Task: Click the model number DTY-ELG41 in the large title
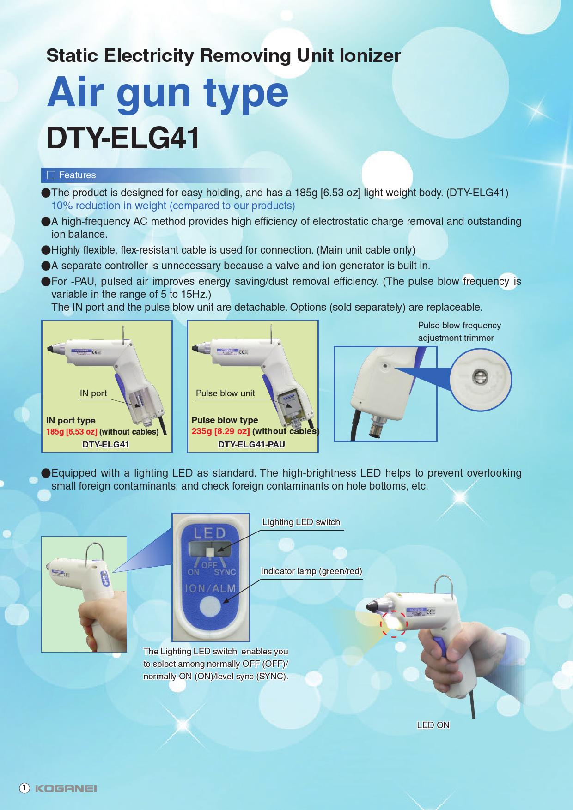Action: point(123,138)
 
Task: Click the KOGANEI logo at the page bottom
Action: point(66,788)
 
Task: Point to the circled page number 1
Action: point(24,788)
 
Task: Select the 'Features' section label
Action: point(77,175)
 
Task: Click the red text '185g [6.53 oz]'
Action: point(72,432)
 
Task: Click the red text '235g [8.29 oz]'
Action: point(220,431)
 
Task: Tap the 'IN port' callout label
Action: point(93,393)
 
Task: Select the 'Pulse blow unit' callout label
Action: point(225,393)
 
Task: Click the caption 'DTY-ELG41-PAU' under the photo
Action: point(251,445)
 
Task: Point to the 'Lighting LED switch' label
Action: point(301,522)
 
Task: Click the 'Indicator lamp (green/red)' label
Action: point(311,571)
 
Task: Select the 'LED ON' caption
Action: point(433,725)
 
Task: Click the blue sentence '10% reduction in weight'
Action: point(173,206)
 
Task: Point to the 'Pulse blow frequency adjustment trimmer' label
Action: point(459,332)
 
